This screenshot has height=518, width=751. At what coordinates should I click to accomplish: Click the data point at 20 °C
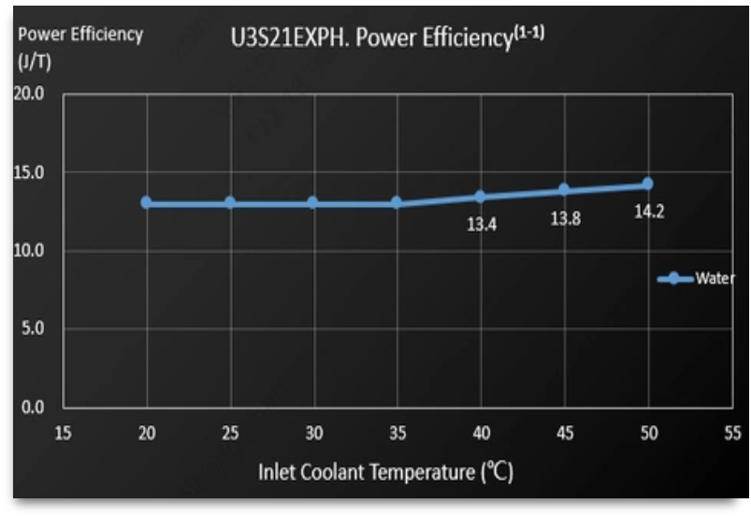(x=147, y=202)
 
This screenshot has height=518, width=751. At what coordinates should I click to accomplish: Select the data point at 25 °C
(x=230, y=202)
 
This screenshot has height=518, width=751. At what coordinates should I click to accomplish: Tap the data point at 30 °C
(x=313, y=202)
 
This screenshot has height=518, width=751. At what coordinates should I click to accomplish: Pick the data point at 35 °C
(x=397, y=202)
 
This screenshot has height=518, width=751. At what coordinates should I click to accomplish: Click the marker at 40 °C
(x=480, y=197)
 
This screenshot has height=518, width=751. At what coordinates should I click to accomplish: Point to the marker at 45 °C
(x=564, y=190)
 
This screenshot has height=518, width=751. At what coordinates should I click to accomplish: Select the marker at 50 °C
(x=647, y=184)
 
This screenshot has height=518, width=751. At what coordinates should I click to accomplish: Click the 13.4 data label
(x=481, y=224)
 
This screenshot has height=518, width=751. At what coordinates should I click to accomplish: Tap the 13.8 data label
(x=565, y=219)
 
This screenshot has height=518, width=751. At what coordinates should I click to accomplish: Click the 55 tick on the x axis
(x=731, y=433)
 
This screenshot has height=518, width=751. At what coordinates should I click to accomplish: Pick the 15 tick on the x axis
(x=63, y=433)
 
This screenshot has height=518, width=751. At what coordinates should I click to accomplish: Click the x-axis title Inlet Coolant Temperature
(x=385, y=471)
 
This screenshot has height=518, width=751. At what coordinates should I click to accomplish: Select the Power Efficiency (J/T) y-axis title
(x=80, y=47)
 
